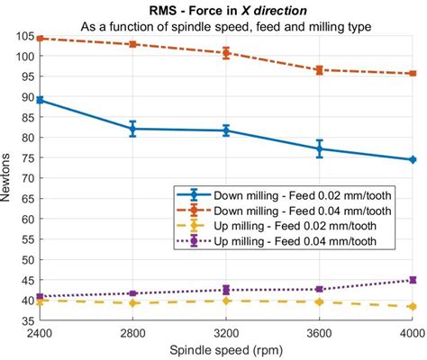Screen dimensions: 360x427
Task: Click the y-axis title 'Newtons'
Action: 8,178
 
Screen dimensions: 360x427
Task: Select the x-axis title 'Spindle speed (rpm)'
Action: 225,349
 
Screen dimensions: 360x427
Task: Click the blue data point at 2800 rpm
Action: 132,129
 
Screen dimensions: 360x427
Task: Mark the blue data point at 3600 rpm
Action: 320,148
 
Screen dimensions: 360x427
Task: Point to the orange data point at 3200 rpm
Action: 226,52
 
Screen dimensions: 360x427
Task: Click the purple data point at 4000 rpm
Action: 413,280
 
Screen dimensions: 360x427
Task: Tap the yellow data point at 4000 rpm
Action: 413,306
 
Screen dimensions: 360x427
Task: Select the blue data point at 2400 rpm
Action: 39,100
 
